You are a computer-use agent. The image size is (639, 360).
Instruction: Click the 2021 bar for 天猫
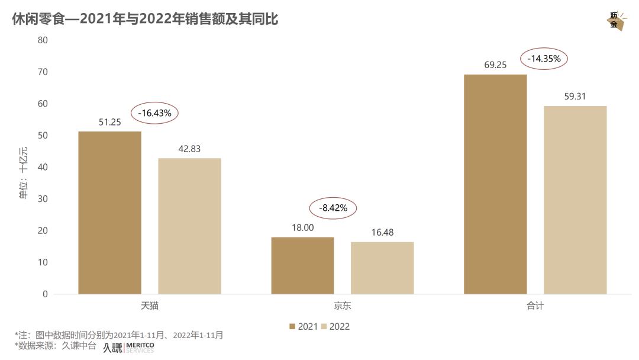click(110, 213)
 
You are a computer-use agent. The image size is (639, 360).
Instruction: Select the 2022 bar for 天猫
click(189, 226)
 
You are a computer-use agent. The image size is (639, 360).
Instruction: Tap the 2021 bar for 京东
click(302, 265)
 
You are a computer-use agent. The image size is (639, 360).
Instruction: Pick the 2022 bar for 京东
click(382, 268)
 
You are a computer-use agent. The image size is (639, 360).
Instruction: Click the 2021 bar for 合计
click(495, 184)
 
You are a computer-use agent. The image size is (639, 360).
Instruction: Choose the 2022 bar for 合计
click(575, 200)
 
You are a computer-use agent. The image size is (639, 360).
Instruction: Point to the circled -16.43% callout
click(154, 112)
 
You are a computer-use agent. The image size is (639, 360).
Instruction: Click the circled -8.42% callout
click(333, 208)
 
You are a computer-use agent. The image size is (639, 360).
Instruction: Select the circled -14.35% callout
click(544, 59)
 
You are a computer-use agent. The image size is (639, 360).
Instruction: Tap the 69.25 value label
click(495, 65)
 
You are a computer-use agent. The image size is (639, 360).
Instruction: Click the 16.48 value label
click(382, 233)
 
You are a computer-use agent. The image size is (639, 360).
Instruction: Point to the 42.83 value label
click(189, 149)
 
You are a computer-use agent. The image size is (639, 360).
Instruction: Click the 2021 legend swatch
click(292, 326)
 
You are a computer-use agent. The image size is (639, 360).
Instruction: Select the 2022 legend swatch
click(324, 326)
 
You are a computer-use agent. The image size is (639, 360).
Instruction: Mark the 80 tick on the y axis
click(42, 40)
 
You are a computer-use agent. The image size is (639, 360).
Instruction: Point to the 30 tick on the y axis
click(42, 199)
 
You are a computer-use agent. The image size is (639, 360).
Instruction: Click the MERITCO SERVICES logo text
click(140, 348)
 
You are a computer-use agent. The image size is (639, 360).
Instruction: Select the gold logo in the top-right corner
click(615, 21)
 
